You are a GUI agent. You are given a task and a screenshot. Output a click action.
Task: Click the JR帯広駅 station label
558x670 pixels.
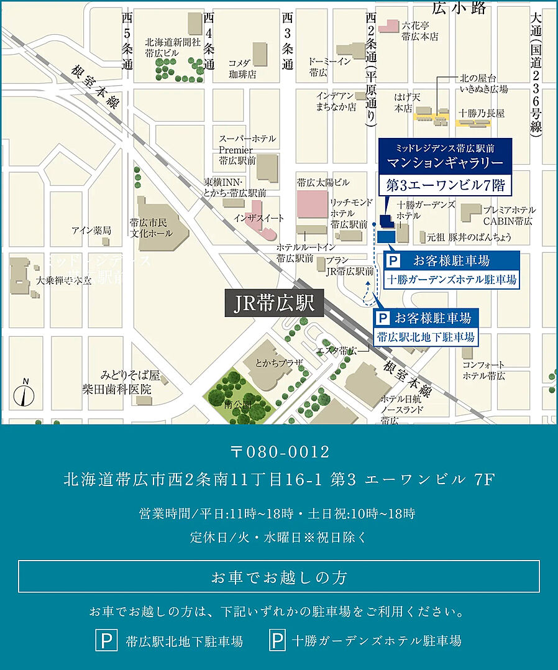coord(274,305)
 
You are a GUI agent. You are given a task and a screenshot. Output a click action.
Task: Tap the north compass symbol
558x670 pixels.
coord(25,393)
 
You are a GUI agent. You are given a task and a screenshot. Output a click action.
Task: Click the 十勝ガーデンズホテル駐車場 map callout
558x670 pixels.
coord(451,280)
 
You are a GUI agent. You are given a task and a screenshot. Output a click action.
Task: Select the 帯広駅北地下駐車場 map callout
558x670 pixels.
coord(426,337)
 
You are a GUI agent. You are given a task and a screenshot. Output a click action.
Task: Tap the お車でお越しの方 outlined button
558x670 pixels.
coord(279,577)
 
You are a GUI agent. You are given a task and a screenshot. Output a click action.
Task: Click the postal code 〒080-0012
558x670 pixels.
coord(279,452)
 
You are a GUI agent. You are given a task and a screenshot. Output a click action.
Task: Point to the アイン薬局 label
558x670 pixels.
coord(91,230)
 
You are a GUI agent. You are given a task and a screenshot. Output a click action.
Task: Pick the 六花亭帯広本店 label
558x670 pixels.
coord(420,31)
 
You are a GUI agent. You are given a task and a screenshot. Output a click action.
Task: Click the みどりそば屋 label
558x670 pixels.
coord(130,376)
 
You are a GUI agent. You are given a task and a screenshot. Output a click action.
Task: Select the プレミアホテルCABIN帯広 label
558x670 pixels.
coord(509,215)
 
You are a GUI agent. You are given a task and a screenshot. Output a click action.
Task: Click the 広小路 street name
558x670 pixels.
coord(459,7)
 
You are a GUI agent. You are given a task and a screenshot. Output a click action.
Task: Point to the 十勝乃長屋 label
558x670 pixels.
coord(482,113)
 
